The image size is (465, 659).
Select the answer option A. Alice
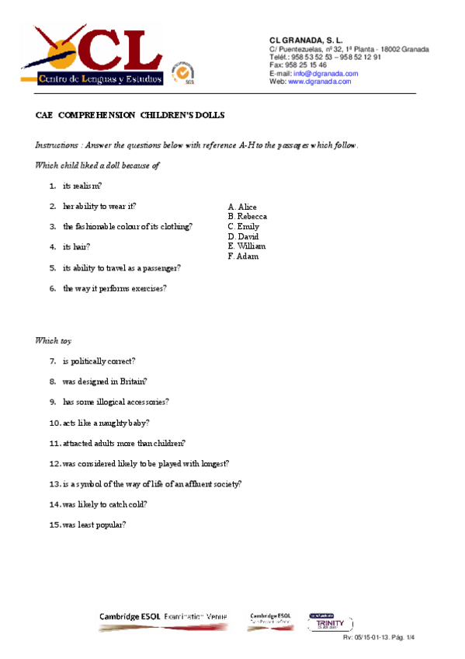tap(242, 207)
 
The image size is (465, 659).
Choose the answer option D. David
tap(244, 236)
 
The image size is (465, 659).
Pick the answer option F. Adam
tap(243, 256)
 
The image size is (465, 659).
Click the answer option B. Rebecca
tap(248, 217)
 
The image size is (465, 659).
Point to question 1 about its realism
tap(82, 186)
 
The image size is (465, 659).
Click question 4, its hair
tap(76, 247)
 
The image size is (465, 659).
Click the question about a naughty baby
tap(106, 423)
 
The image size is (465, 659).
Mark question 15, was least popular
tap(93, 525)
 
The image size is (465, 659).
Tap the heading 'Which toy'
tap(53, 340)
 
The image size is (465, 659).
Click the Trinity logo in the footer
tap(331, 623)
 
